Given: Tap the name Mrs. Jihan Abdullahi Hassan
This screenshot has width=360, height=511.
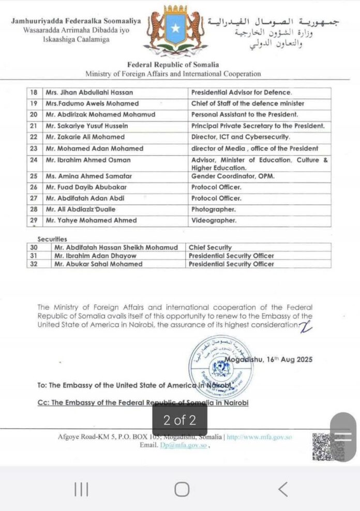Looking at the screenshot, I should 89,93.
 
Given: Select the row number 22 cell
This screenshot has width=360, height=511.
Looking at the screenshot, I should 34,137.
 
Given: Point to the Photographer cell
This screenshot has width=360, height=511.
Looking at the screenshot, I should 213,209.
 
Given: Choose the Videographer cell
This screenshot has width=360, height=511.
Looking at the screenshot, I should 214,220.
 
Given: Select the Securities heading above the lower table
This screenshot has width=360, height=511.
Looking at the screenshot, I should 52,239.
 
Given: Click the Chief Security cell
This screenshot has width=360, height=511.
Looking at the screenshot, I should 210,248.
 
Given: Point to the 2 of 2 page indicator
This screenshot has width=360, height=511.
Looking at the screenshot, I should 179,419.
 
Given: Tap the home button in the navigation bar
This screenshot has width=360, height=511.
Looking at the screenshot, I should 182,489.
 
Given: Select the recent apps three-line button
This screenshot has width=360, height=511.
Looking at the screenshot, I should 81,489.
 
